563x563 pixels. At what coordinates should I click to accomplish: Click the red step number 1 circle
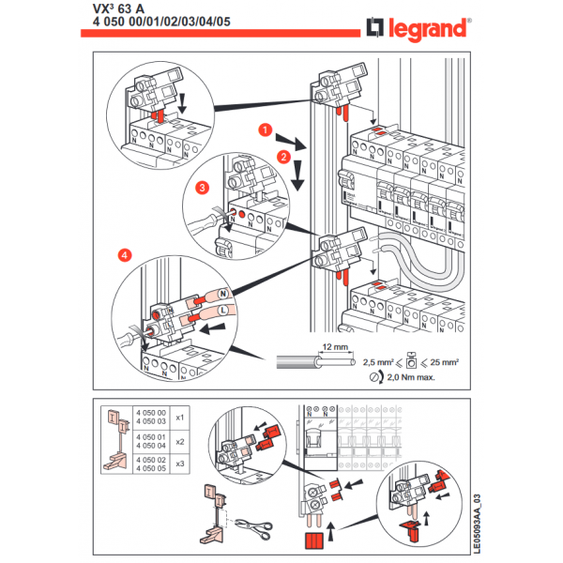[x=266, y=128]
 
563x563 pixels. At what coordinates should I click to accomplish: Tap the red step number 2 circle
[x=282, y=157]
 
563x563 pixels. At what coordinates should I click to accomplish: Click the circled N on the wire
[x=224, y=295]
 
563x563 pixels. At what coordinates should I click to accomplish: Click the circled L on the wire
[x=222, y=310]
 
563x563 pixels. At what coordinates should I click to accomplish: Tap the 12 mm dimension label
[x=332, y=347]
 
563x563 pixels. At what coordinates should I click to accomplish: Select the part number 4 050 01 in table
[x=150, y=436]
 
